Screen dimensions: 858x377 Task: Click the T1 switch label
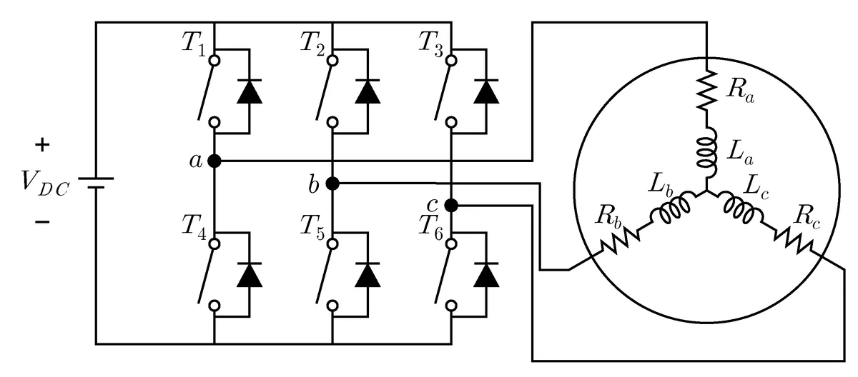194,44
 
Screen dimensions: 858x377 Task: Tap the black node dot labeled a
214,161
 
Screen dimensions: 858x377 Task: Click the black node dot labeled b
332,184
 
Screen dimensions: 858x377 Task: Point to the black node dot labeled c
451,206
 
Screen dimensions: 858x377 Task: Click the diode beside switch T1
250,91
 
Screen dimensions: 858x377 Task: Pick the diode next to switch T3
486,91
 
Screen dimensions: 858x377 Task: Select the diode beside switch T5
368,275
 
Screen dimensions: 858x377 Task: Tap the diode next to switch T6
486,275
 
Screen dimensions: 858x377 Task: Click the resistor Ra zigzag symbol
706,91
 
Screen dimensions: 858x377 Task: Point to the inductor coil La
707,152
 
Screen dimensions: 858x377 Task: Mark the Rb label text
608,217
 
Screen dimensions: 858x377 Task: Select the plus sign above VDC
42,145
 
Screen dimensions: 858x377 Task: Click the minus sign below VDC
42,222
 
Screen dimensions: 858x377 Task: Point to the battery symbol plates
96,183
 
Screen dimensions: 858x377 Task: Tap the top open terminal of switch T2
333,61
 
